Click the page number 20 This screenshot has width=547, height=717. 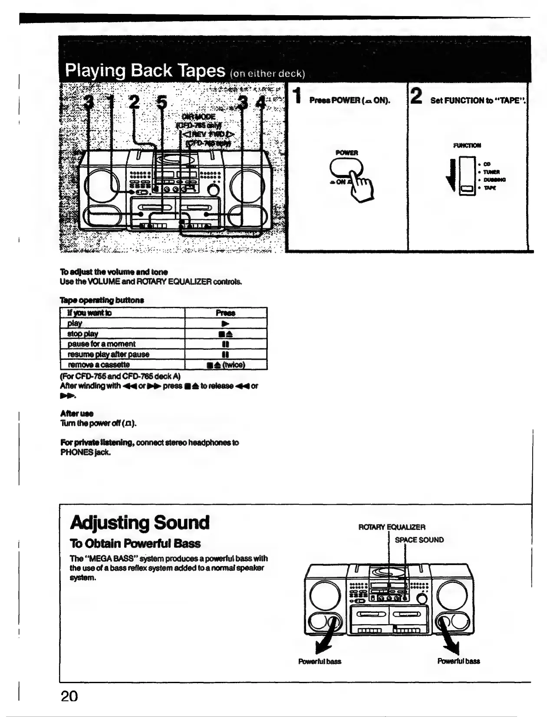[x=69, y=696]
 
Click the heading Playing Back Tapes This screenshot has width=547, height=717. [x=145, y=71]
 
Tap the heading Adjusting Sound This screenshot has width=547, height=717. [x=139, y=523]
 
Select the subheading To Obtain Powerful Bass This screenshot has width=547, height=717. [x=135, y=543]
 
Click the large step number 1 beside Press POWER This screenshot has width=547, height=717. [x=297, y=96]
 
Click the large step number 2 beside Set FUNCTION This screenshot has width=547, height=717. [x=416, y=96]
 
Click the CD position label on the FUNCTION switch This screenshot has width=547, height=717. [x=487, y=164]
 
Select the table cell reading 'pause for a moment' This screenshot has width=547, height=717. [x=102, y=344]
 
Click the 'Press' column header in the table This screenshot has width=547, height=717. [x=225, y=313]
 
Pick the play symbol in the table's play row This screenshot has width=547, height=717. [x=225, y=323]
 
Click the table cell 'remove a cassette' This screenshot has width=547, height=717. [x=99, y=365]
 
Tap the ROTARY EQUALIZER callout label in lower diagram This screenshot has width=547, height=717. [x=392, y=527]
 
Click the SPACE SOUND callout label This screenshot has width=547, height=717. [x=419, y=540]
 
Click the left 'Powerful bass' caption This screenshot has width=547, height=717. [x=320, y=661]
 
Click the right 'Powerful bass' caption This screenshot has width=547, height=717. [x=458, y=661]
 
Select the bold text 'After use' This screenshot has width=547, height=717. [x=76, y=413]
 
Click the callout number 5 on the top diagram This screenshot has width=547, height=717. [x=161, y=103]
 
